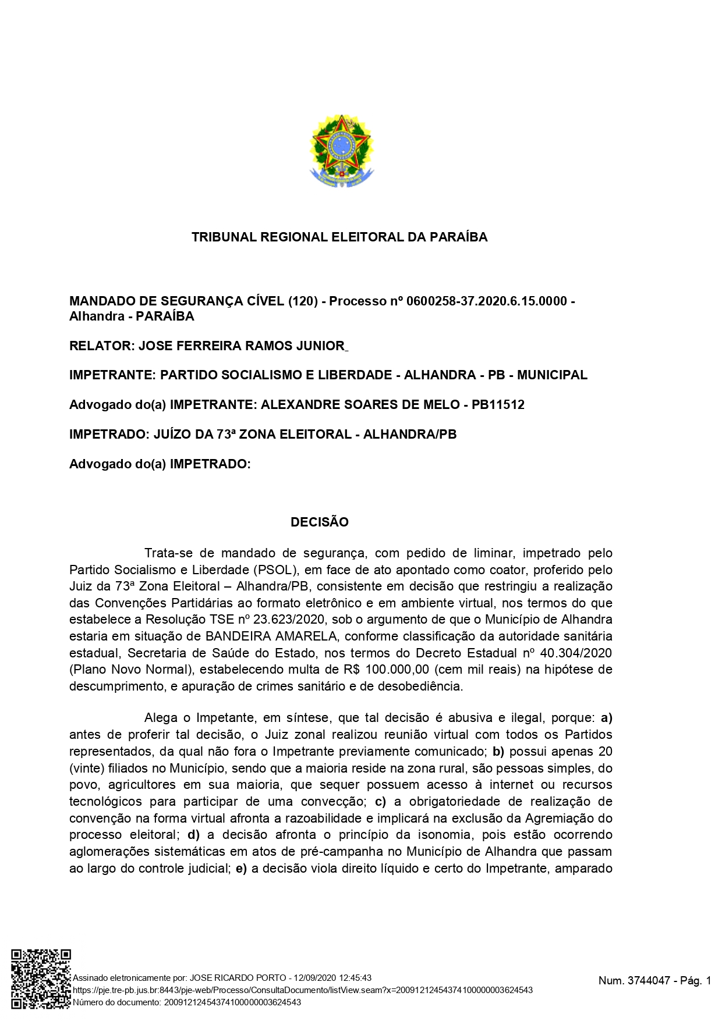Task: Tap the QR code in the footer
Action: tap(41, 978)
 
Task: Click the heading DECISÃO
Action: tap(320, 522)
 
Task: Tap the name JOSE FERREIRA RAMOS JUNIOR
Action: tap(242, 346)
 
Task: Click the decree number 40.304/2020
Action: tap(576, 653)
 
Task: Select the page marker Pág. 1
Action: tap(696, 981)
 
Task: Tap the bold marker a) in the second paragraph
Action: tap(606, 718)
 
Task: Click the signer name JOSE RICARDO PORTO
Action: tap(238, 978)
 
